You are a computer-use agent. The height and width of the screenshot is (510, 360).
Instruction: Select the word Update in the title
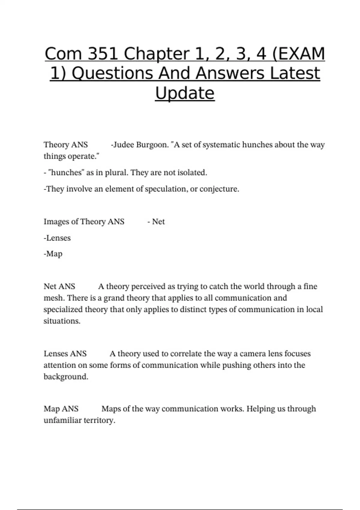pos(185,93)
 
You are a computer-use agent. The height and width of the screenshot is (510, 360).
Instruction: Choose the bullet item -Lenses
pos(57,238)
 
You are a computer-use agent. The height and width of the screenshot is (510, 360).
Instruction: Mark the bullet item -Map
pos(53,254)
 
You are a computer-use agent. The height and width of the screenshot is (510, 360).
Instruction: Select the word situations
pos(62,321)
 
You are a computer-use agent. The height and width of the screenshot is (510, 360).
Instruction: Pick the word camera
pos(253,354)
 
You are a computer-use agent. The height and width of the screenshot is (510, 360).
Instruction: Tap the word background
pos(66,377)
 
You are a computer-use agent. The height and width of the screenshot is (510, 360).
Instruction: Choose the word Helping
pos(260,409)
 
